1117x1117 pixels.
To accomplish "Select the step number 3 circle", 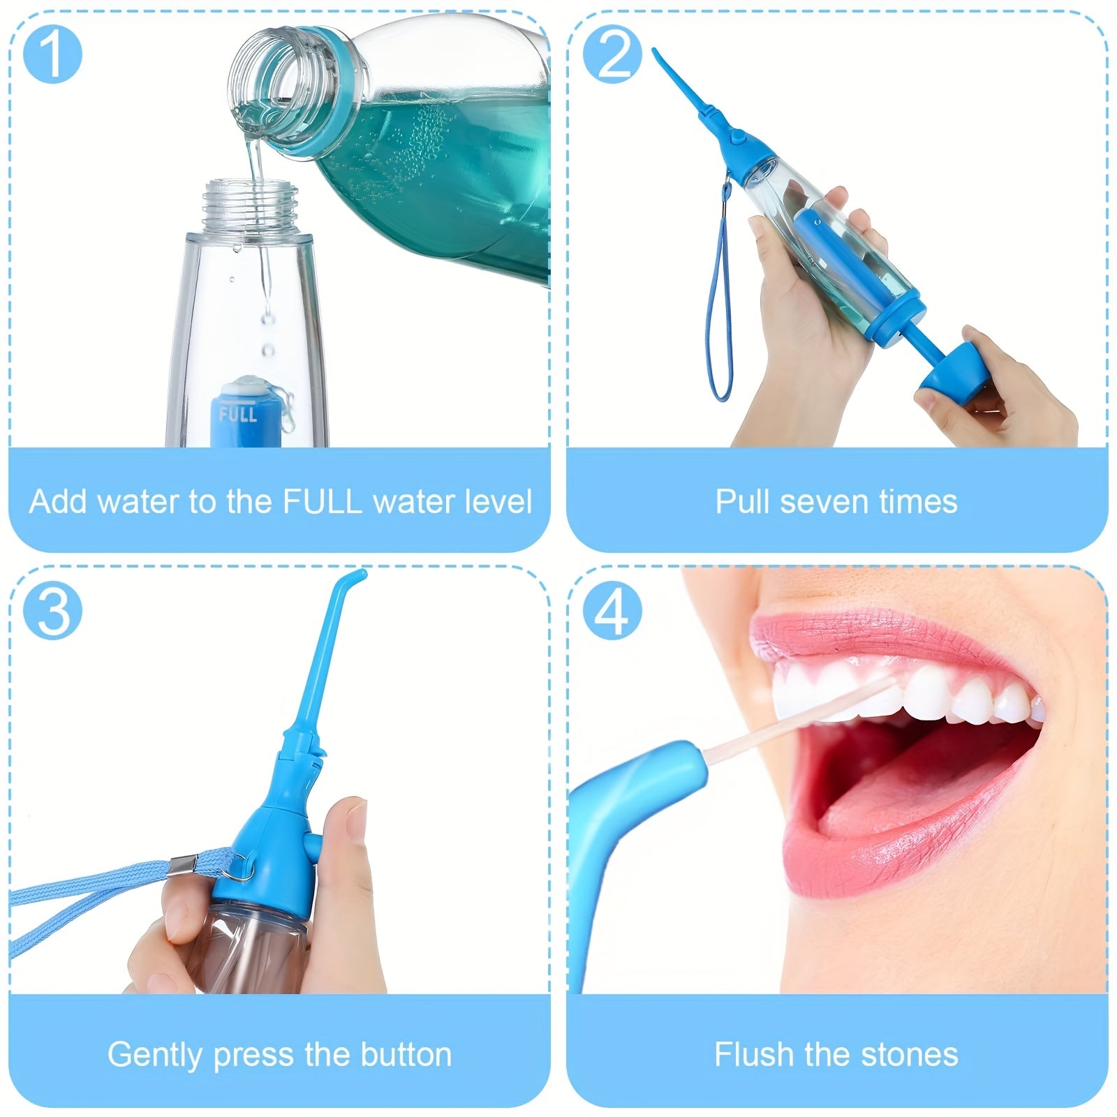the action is click(x=52, y=609).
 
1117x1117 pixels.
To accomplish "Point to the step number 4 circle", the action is click(x=612, y=609).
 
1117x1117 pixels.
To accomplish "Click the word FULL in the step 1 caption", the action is click(x=322, y=501).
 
